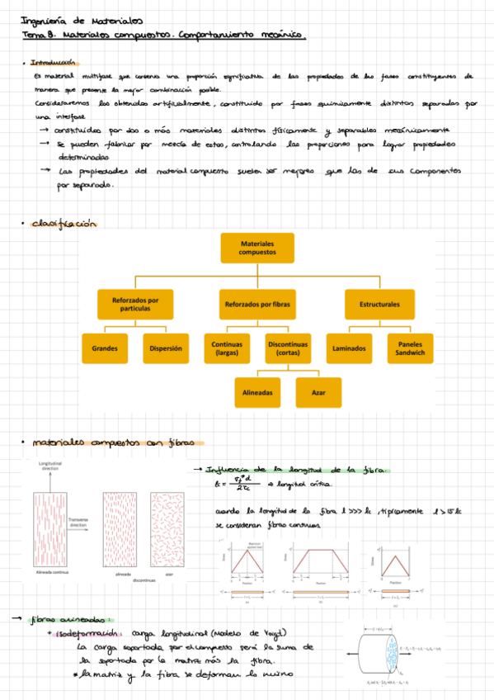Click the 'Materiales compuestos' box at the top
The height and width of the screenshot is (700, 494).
pyautogui.click(x=257, y=249)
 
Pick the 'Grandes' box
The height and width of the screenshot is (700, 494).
pyautogui.click(x=105, y=348)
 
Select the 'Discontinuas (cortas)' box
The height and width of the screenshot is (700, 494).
pyautogui.click(x=288, y=348)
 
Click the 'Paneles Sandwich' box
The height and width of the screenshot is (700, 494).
pyautogui.click(x=410, y=348)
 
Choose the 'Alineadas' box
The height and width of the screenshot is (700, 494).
pyautogui.click(x=258, y=392)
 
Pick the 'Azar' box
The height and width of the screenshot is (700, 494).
pyautogui.click(x=318, y=392)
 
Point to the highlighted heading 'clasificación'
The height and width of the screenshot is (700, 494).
pyautogui.click(x=64, y=224)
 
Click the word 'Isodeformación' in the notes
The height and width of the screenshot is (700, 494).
pyautogui.click(x=89, y=632)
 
